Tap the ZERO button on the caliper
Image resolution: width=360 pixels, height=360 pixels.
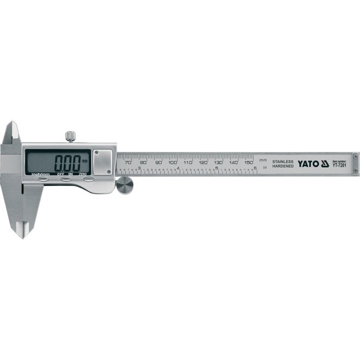coord(89,180)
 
